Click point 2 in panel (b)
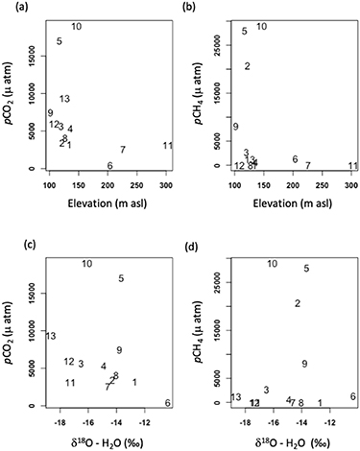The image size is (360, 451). point(247,66)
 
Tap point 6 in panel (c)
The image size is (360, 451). point(168,403)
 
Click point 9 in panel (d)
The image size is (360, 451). point(304,364)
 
